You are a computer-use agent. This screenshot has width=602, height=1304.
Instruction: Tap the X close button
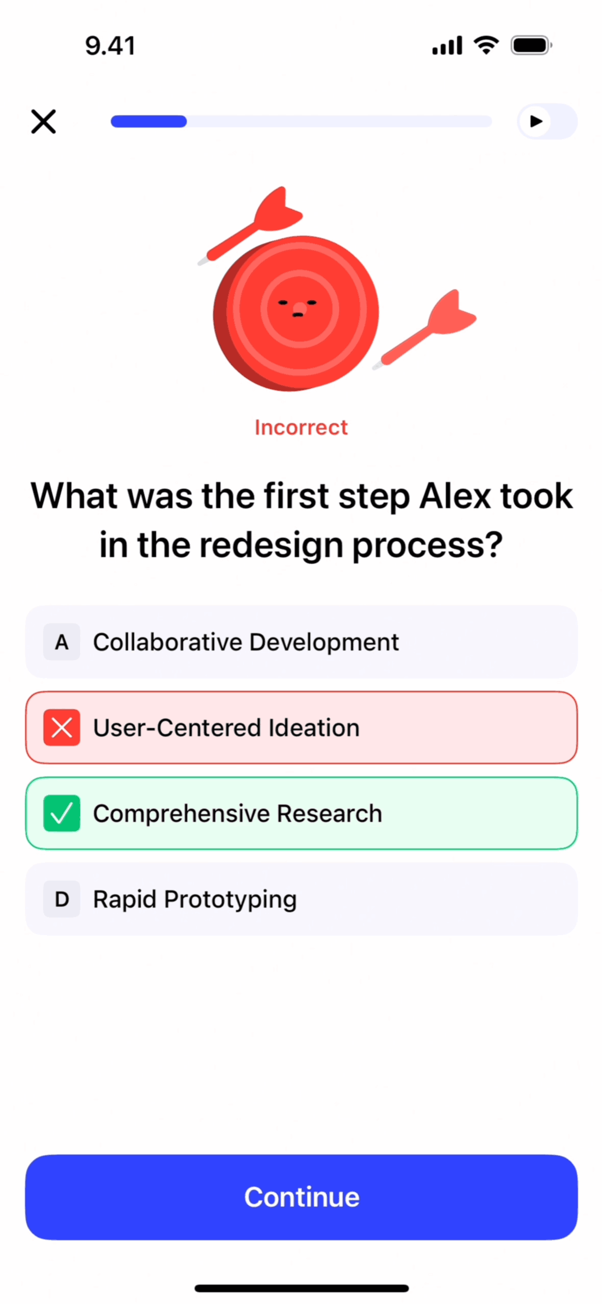tap(43, 121)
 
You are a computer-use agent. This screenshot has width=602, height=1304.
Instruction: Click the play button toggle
tap(547, 121)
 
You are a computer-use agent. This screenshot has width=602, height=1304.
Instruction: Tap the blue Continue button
tap(302, 1196)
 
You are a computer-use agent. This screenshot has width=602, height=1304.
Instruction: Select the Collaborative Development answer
tap(302, 642)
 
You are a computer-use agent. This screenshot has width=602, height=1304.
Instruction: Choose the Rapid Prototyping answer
tap(302, 899)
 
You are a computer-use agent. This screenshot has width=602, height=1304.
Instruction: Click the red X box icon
tap(62, 728)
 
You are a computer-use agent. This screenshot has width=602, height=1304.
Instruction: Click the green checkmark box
tap(62, 813)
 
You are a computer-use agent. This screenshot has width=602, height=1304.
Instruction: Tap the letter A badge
tap(62, 642)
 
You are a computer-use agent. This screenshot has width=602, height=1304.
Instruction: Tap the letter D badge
tap(62, 899)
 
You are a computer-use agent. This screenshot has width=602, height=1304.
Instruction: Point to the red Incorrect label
tap(301, 428)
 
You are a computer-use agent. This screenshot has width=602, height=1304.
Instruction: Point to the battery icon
tap(532, 45)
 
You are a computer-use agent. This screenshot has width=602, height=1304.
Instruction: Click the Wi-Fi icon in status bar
tap(486, 45)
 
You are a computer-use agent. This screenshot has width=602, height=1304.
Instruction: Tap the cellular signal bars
tap(447, 45)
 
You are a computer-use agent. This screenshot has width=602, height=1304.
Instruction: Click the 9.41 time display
tap(110, 46)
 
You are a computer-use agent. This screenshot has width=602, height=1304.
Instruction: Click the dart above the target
tap(250, 225)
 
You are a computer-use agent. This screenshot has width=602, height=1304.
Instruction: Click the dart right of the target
tap(424, 329)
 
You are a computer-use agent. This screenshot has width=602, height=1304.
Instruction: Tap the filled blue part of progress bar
tap(148, 121)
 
